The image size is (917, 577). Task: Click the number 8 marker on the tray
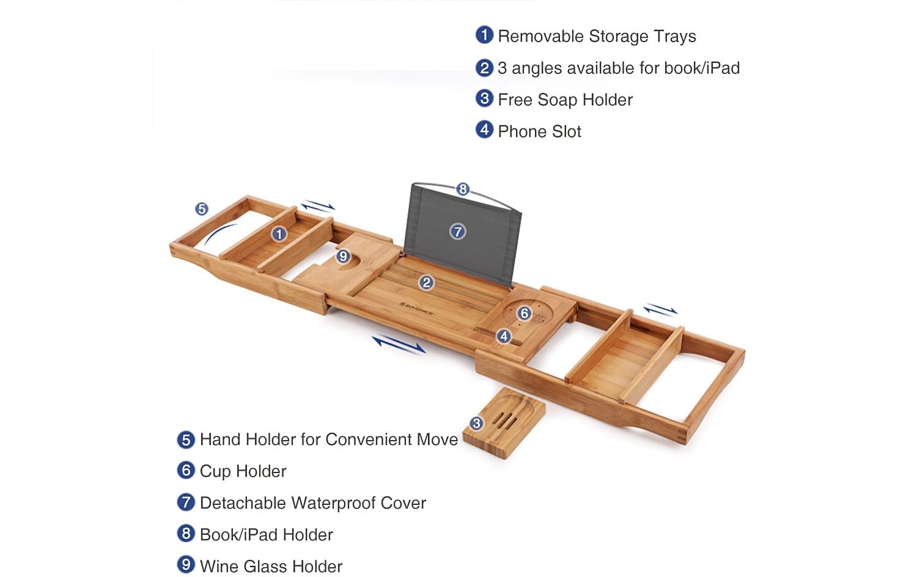click(x=463, y=189)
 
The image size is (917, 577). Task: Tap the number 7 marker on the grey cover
click(x=458, y=232)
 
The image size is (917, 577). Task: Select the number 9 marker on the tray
click(x=343, y=256)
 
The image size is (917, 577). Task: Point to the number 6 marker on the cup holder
click(x=525, y=314)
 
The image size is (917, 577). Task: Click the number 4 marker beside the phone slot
click(x=504, y=336)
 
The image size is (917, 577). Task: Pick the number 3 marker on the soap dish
click(x=476, y=423)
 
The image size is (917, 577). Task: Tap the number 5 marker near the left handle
click(x=201, y=209)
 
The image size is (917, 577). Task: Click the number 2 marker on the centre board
click(x=426, y=282)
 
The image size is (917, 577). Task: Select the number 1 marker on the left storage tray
click(x=279, y=234)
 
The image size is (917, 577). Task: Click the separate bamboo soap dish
click(x=504, y=423)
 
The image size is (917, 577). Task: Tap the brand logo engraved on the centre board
click(x=417, y=307)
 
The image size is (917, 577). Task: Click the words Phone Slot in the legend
click(x=539, y=131)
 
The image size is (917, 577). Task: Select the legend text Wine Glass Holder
click(x=271, y=567)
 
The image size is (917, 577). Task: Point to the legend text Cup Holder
click(x=243, y=471)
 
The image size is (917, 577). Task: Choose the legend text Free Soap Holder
click(x=565, y=100)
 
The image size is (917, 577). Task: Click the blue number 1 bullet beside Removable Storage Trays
click(x=484, y=35)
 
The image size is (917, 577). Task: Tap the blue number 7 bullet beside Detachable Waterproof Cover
click(x=186, y=502)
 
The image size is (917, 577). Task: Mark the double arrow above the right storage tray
click(x=660, y=310)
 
